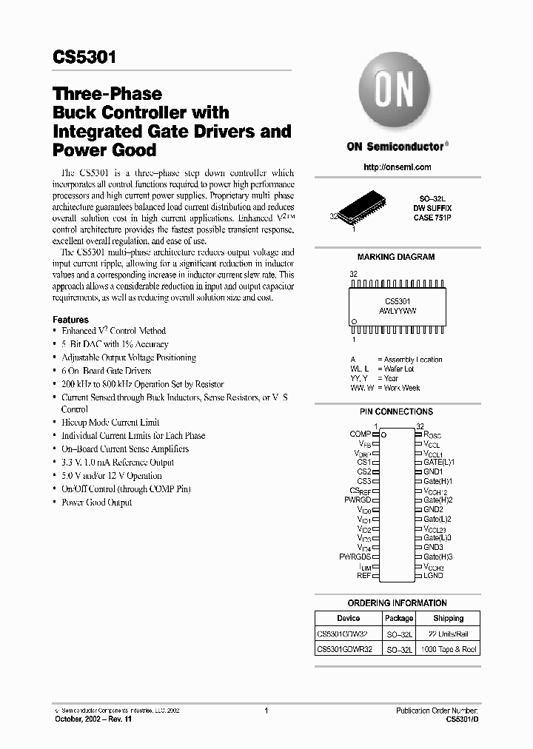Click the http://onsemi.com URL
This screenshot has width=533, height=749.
tap(397, 167)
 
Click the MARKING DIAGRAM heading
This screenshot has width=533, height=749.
tap(396, 257)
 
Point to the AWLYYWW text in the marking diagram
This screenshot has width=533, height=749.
tap(397, 312)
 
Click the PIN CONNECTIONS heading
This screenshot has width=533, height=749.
tap(396, 412)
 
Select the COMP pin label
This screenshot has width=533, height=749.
tap(361, 434)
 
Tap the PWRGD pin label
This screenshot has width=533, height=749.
tap(358, 500)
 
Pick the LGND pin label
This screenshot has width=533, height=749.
tap(434, 575)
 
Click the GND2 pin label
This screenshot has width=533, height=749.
tap(433, 509)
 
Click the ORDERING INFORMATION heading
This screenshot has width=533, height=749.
tap(397, 603)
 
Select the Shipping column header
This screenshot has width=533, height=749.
tap(449, 618)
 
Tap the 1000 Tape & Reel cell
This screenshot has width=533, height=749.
tap(449, 649)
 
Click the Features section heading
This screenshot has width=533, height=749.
tap(70, 320)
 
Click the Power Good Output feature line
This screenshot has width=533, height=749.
tap(96, 503)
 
